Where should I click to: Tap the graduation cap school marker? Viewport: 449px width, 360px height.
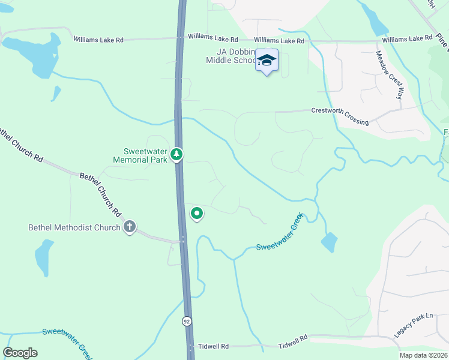[x=267, y=61]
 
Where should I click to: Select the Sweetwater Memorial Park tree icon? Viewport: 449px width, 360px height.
[x=176, y=155]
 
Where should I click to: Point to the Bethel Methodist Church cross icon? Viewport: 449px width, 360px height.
[x=129, y=227]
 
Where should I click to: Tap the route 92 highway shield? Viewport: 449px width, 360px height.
[x=187, y=321]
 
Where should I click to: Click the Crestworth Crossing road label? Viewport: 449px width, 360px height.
[x=340, y=116]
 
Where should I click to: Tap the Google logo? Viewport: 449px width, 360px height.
[x=20, y=353]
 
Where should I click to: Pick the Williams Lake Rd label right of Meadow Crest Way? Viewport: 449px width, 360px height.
[x=407, y=38]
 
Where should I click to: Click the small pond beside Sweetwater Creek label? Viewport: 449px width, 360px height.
[x=329, y=242]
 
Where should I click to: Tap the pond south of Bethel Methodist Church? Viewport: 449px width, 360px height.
[x=44, y=256]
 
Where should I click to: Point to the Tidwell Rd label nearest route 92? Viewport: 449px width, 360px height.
[x=217, y=347]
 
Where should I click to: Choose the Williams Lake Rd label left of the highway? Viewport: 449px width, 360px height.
[x=98, y=40]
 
